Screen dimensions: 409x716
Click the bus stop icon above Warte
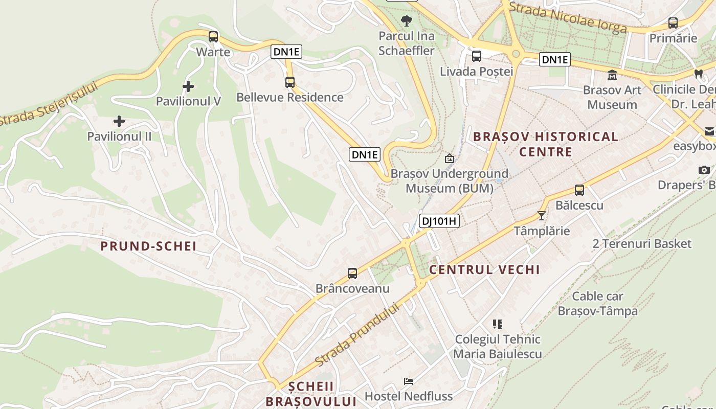click(x=213, y=37)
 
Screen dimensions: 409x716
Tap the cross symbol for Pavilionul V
click(x=188, y=86)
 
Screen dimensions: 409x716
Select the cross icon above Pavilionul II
click(x=119, y=121)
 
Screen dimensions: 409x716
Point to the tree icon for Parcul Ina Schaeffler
click(x=407, y=21)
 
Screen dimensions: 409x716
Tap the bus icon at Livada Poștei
click(x=477, y=56)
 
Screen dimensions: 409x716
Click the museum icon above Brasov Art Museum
click(x=612, y=76)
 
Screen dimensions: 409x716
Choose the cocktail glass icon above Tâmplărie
click(x=542, y=216)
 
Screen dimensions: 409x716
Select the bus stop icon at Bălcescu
click(x=579, y=190)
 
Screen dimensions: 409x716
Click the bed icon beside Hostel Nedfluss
click(x=409, y=381)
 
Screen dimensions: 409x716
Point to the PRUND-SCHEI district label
click(x=148, y=246)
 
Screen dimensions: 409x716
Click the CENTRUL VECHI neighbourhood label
click(x=484, y=270)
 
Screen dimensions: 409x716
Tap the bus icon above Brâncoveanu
click(x=352, y=274)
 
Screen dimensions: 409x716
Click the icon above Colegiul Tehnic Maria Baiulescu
click(x=498, y=324)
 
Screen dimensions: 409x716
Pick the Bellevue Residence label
click(x=290, y=97)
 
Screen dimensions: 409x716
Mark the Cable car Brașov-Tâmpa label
click(x=597, y=303)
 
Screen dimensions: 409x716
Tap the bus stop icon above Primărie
click(x=673, y=23)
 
